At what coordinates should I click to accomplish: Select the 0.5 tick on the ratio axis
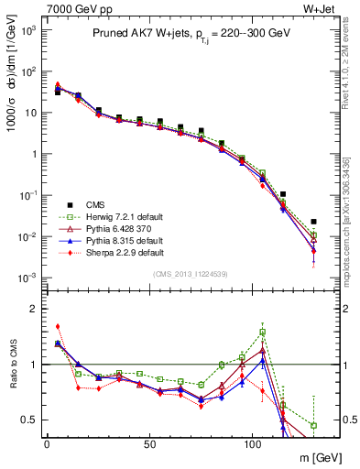[x=29, y=420]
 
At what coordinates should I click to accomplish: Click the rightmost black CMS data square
[x=313, y=222]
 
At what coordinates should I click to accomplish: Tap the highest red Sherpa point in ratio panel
[x=58, y=326]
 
